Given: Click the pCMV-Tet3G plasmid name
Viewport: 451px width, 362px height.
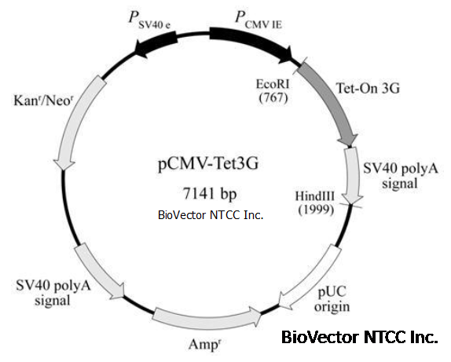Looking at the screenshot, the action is [208, 164].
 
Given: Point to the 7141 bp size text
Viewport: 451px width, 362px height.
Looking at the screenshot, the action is [210, 193].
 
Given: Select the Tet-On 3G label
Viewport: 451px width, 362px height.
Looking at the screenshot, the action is [368, 88].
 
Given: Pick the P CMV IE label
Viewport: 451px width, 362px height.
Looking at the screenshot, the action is [258, 20].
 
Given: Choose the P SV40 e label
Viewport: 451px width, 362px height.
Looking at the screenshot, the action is [149, 20].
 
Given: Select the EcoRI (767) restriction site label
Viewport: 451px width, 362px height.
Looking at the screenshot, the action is [273, 91].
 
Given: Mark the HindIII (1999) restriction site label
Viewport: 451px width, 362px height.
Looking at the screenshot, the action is [315, 203].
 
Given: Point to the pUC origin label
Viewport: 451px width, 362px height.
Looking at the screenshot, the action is [332, 299].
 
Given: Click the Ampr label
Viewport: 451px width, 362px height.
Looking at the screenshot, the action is [204, 344].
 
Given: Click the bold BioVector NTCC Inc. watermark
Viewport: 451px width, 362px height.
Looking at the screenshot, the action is [360, 337].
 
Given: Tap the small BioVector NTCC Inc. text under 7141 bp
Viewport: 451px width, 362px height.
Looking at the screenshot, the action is [211, 215].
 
